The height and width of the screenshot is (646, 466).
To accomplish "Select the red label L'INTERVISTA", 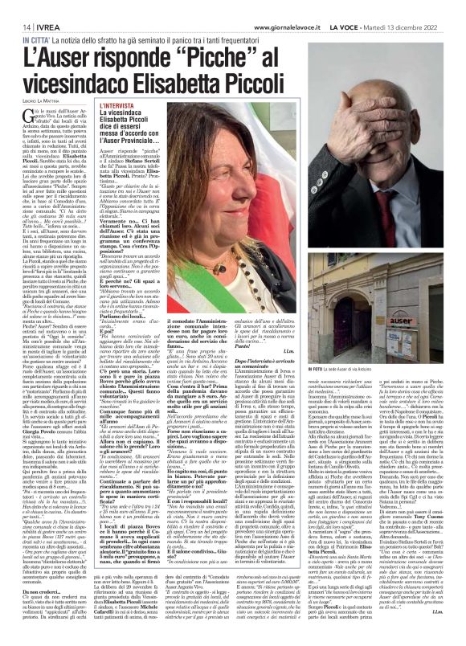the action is pos(119,127).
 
